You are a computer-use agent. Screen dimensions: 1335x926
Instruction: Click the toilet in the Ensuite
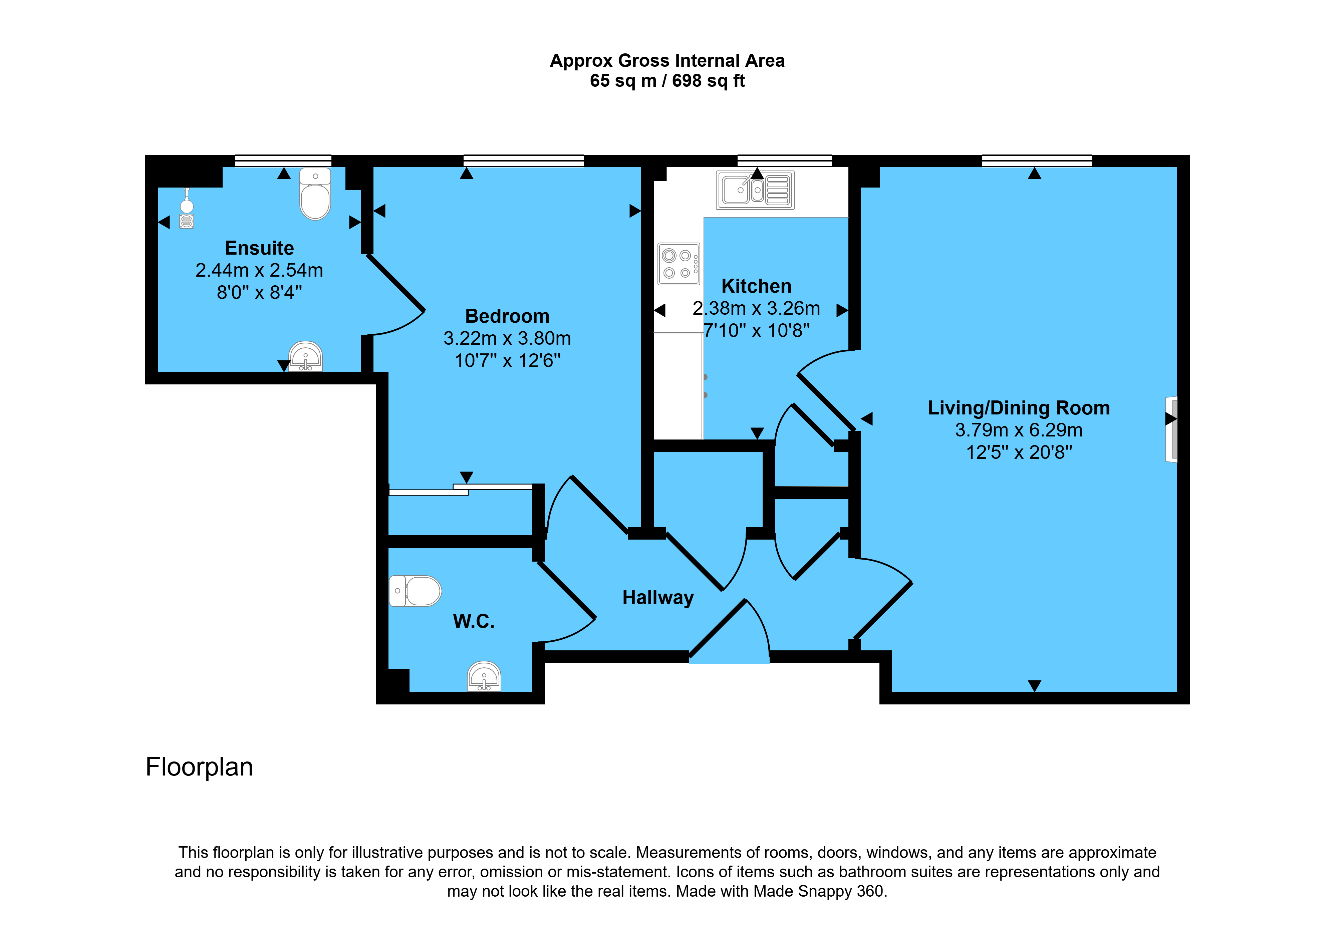click(315, 194)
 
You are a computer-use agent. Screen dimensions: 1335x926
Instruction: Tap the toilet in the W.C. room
click(415, 591)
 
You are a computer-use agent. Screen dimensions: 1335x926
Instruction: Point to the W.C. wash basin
click(484, 676)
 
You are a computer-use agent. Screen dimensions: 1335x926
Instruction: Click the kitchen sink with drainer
click(755, 190)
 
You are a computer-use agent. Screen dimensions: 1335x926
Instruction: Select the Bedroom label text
click(507, 316)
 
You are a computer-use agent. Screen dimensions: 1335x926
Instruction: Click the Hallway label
click(658, 598)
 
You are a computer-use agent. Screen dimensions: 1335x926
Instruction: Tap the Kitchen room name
click(756, 286)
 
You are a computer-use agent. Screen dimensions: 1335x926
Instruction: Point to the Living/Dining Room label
click(1019, 408)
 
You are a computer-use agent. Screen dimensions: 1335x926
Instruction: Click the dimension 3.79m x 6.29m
click(1019, 430)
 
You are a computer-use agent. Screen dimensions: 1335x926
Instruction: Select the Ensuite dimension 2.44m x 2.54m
click(259, 270)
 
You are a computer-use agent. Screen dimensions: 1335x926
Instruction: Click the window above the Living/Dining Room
click(1037, 161)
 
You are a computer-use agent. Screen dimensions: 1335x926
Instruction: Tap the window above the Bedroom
click(523, 161)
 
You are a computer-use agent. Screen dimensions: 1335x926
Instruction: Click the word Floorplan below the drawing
click(199, 767)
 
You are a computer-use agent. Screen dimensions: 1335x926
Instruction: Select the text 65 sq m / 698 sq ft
click(667, 81)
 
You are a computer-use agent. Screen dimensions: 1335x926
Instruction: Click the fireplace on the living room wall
click(1171, 429)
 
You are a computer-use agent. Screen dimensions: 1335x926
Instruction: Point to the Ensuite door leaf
click(396, 283)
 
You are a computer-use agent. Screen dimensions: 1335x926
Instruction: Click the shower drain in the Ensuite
click(186, 221)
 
